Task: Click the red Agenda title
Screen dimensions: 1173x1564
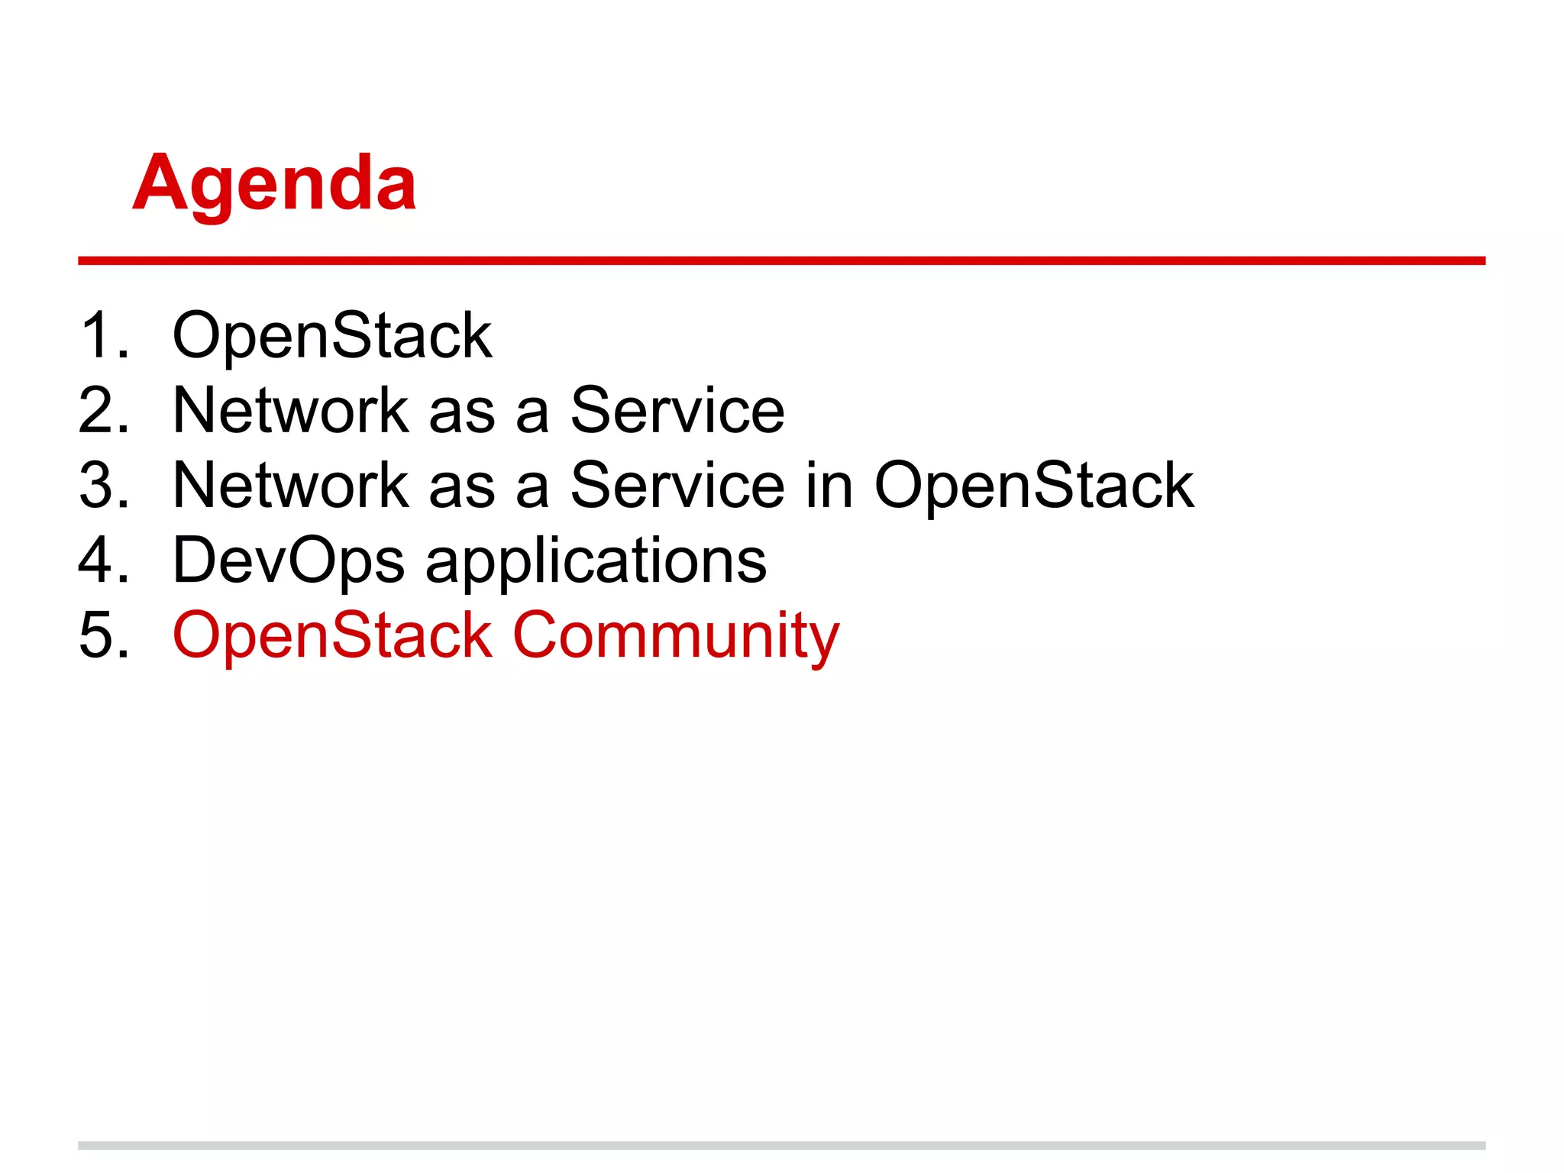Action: [x=275, y=183]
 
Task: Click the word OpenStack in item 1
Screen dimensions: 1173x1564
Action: [x=332, y=336]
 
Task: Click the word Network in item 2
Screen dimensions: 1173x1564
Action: [x=291, y=411]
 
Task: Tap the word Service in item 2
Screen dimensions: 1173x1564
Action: [x=677, y=411]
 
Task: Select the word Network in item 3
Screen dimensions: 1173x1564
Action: [x=291, y=486]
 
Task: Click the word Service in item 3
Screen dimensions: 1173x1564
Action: [x=677, y=486]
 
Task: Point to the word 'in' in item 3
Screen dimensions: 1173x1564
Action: [x=829, y=486]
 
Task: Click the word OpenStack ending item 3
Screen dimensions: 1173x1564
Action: [x=1034, y=486]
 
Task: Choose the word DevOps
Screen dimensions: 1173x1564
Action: [x=288, y=561]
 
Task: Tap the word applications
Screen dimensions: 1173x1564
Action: [x=596, y=561]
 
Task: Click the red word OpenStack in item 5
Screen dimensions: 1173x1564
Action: [x=332, y=635]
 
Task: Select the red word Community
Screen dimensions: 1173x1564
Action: [x=676, y=635]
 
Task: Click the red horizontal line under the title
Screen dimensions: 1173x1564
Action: [x=781, y=260]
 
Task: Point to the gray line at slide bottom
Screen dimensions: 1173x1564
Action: [x=781, y=1145]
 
